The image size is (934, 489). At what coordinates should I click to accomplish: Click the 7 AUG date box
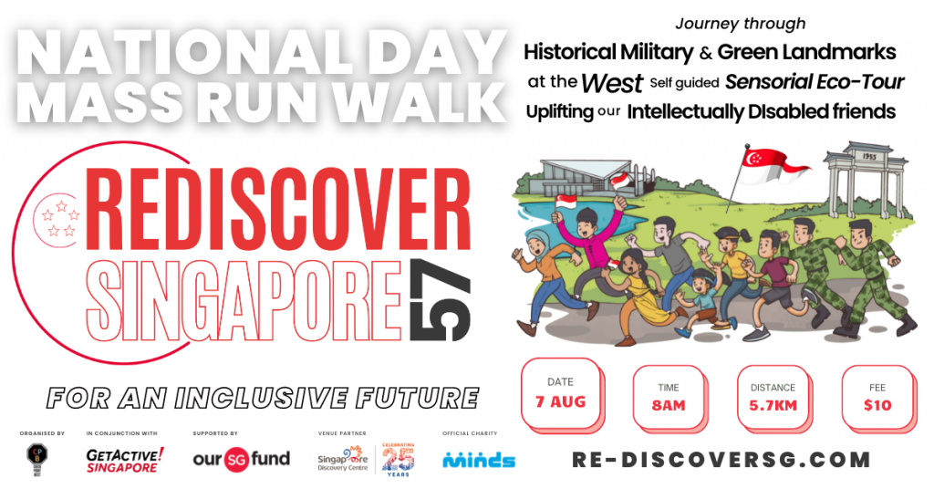coord(560,392)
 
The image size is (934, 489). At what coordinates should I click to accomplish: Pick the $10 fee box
coord(877,397)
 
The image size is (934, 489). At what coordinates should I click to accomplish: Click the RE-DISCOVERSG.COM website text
coord(721,459)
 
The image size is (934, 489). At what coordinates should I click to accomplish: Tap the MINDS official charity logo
coord(479,460)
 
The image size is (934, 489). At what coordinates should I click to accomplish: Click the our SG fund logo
coord(241,459)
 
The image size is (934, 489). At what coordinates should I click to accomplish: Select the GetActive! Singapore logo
coord(125,459)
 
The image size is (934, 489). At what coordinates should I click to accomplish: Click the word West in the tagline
coord(612,82)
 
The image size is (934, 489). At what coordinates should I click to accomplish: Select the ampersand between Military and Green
coord(706,52)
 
